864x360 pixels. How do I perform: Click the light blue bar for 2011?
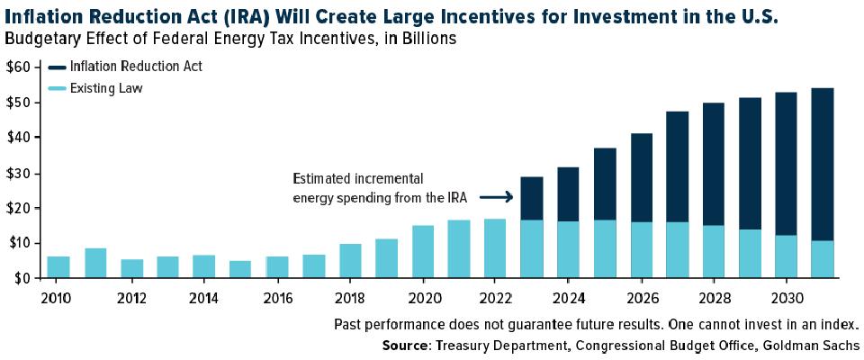(x=95, y=263)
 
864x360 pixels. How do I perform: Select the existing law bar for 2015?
(x=239, y=269)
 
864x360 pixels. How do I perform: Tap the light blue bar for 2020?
(x=423, y=251)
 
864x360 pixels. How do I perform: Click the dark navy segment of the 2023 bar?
(x=532, y=199)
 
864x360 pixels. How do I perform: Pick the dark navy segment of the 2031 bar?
(x=822, y=165)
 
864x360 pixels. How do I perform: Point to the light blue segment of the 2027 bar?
(x=677, y=249)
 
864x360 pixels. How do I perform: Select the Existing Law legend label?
(x=106, y=88)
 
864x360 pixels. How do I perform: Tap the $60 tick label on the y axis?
(x=16, y=67)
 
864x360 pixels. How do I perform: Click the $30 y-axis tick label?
(x=17, y=173)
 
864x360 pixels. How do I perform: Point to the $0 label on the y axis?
(x=20, y=278)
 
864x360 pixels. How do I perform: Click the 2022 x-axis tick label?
(x=495, y=298)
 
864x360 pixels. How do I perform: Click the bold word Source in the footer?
(x=405, y=346)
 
